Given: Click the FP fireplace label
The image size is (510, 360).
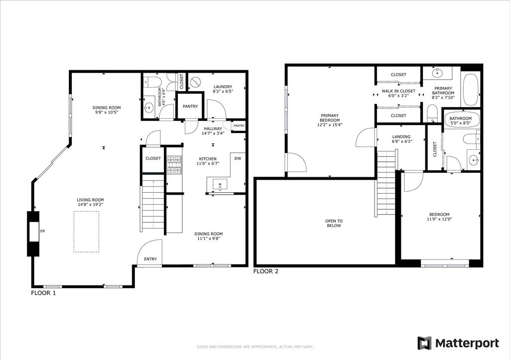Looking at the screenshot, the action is click(x=43, y=231).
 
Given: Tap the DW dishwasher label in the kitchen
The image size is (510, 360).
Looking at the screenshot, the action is click(x=238, y=158).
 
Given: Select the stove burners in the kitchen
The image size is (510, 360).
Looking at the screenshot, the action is click(x=174, y=165).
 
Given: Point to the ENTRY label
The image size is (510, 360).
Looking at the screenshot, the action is click(x=150, y=259).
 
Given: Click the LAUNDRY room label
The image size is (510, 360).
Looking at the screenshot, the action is click(x=223, y=87).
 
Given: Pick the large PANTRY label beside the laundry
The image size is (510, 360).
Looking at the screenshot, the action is click(x=190, y=107).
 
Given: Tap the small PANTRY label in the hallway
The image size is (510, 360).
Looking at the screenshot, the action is click(x=239, y=126).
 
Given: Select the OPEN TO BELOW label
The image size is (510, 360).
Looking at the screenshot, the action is click(x=334, y=223).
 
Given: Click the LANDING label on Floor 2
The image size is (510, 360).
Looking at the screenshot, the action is click(x=401, y=137).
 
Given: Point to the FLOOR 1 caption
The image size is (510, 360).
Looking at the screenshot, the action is click(x=44, y=293).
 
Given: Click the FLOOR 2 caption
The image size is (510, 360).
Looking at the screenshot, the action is click(x=266, y=271).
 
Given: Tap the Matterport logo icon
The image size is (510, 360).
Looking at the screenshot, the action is click(x=424, y=343).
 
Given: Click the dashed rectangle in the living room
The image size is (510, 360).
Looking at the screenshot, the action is click(x=86, y=232).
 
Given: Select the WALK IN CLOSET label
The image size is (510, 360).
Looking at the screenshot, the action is click(x=398, y=91).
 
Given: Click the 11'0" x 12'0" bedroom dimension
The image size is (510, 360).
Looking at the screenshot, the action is click(x=439, y=219).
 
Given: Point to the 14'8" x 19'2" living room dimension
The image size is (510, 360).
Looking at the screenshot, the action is click(x=91, y=205).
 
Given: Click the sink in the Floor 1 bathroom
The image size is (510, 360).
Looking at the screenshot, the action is click(x=149, y=107).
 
